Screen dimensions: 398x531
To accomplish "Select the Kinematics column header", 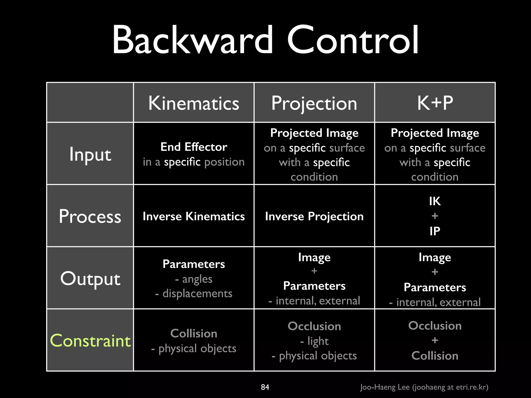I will tap(193, 103).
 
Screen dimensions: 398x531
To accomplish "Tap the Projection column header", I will tap(314, 103).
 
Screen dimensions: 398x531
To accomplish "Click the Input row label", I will tap(90, 154).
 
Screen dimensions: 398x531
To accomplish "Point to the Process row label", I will tap(90, 216).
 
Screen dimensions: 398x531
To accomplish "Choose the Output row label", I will tap(90, 279).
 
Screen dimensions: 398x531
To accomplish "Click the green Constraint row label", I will tap(90, 340).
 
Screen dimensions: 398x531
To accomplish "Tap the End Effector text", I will tap(193, 147).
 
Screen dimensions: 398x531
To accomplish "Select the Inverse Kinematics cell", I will tap(193, 216).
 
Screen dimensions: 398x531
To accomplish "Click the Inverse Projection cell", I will tap(314, 216).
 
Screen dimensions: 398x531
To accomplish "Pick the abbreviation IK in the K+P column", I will tap(435, 201).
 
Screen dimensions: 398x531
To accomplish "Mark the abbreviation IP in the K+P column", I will tap(435, 231).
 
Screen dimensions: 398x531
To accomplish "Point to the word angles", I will tap(197, 279).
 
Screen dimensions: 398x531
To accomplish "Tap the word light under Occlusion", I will tap(318, 341).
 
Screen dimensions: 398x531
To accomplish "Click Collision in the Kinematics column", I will tap(193, 333).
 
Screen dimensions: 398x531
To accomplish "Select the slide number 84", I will tap(265, 387).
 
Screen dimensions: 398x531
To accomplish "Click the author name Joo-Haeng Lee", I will tap(385, 387).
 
